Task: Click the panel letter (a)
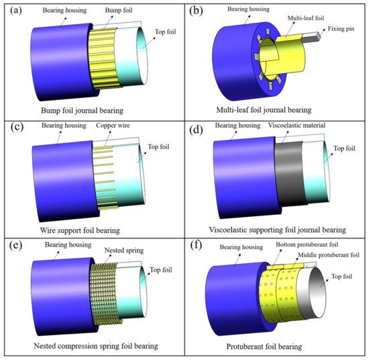pyautogui.click(x=16, y=11)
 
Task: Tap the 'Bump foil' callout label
pyautogui.click(x=119, y=10)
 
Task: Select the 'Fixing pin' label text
pyautogui.click(x=341, y=29)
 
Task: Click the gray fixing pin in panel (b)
pyautogui.click(x=311, y=37)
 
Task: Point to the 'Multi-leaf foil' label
pyautogui.click(x=306, y=18)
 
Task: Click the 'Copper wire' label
pyautogui.click(x=113, y=126)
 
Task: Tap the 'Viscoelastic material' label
pyautogui.click(x=297, y=125)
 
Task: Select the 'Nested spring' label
pyautogui.click(x=124, y=251)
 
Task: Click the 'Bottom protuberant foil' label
pyautogui.click(x=307, y=244)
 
